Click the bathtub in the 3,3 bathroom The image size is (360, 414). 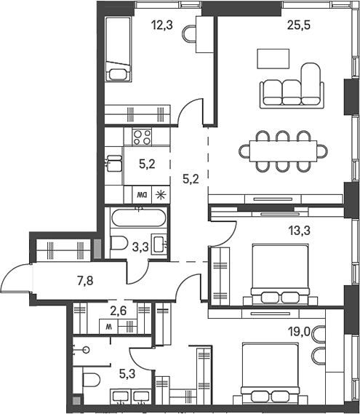pos(138,220)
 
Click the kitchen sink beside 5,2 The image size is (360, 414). pos(113,162)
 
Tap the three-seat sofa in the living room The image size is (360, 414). pos(289,89)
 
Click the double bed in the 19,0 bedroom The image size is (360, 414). pos(268,371)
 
